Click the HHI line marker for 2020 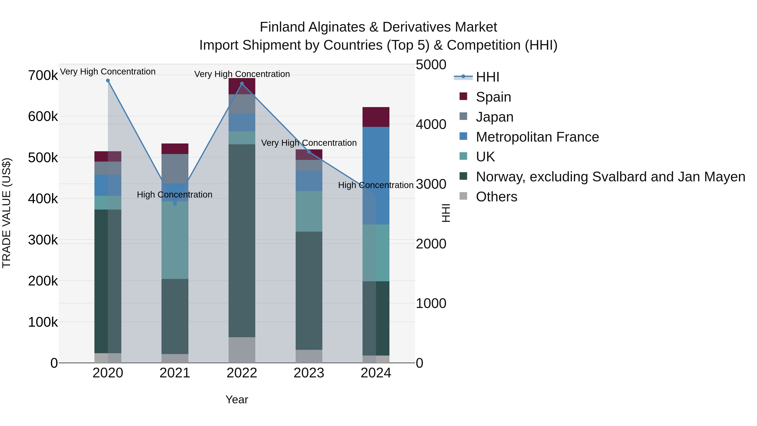pos(108,81)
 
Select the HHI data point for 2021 pos(175,203)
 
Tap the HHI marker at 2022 pos(242,84)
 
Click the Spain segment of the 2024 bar pos(376,117)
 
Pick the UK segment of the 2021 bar pos(175,240)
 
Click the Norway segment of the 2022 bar pos(242,240)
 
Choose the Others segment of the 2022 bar pos(242,350)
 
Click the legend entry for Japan pos(495,117)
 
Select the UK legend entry pos(485,157)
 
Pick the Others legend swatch pos(463,196)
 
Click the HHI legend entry pos(487,77)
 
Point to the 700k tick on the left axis pos(43,76)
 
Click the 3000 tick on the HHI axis pos(431,184)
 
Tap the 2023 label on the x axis pos(309,373)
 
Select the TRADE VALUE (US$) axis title pos(7,213)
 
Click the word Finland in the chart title pos(282,27)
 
